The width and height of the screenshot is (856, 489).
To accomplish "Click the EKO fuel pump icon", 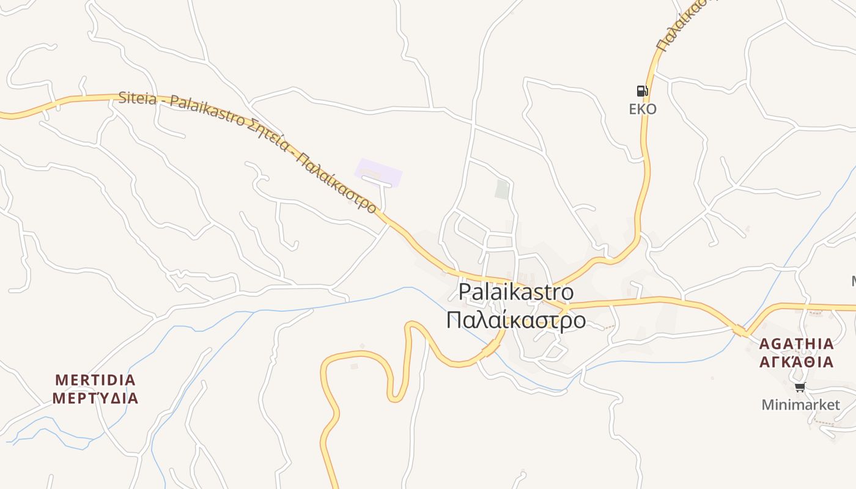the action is (642, 91).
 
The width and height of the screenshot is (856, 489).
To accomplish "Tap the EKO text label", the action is (643, 109).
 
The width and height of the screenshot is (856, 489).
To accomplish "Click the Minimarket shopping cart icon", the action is (800, 387).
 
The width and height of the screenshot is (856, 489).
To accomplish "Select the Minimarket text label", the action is (800, 405).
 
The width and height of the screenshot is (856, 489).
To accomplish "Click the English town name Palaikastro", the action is (516, 292).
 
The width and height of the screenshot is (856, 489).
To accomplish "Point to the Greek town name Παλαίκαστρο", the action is (516, 320).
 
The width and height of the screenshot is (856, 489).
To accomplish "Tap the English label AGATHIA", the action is (796, 344).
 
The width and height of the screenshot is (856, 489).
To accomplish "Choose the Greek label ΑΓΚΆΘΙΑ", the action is (796, 362).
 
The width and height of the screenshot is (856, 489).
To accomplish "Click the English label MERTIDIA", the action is (95, 380).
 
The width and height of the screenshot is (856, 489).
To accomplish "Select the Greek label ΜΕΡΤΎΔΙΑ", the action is (95, 399).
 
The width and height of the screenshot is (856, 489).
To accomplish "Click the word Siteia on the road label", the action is (138, 98).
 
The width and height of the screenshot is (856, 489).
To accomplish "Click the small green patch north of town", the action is (502, 189).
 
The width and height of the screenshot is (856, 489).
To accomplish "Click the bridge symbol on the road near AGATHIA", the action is (740, 331).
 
